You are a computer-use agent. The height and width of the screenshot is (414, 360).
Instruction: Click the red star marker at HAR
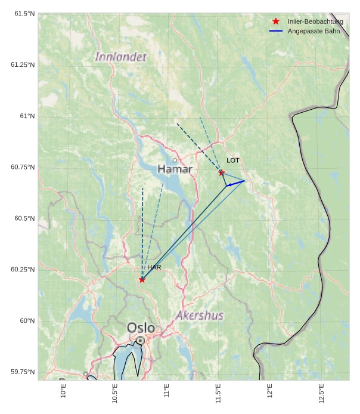[142, 280]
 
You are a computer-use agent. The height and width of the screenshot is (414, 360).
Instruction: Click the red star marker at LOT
[222, 173]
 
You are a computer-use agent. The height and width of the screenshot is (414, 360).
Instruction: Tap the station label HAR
[154, 268]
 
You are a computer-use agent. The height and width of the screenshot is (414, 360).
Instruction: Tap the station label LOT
[233, 160]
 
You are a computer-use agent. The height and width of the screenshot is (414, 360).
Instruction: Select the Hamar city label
[175, 170]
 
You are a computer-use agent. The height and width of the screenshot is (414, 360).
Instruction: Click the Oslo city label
[141, 328]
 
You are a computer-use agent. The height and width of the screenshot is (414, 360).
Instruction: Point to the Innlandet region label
[121, 57]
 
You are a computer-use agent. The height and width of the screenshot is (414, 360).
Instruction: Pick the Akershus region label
[199, 315]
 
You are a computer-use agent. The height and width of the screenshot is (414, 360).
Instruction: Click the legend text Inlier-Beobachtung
[315, 21]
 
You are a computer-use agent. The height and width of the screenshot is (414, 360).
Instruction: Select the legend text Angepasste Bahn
[314, 30]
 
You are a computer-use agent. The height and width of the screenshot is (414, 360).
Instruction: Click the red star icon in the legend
[275, 21]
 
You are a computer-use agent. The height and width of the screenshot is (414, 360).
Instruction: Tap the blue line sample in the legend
[275, 30]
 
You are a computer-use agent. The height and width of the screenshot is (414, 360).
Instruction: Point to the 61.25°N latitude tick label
[23, 64]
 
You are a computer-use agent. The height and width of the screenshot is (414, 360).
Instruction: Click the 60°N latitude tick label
[27, 321]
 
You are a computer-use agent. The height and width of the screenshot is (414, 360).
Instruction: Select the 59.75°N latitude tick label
[23, 372]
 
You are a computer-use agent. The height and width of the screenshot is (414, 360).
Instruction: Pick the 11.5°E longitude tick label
[218, 394]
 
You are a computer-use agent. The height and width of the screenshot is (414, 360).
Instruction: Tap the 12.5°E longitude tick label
[321, 394]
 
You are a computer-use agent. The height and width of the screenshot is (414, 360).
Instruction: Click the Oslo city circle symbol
[140, 340]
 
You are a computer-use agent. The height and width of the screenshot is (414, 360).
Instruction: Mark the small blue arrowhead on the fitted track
[229, 186]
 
